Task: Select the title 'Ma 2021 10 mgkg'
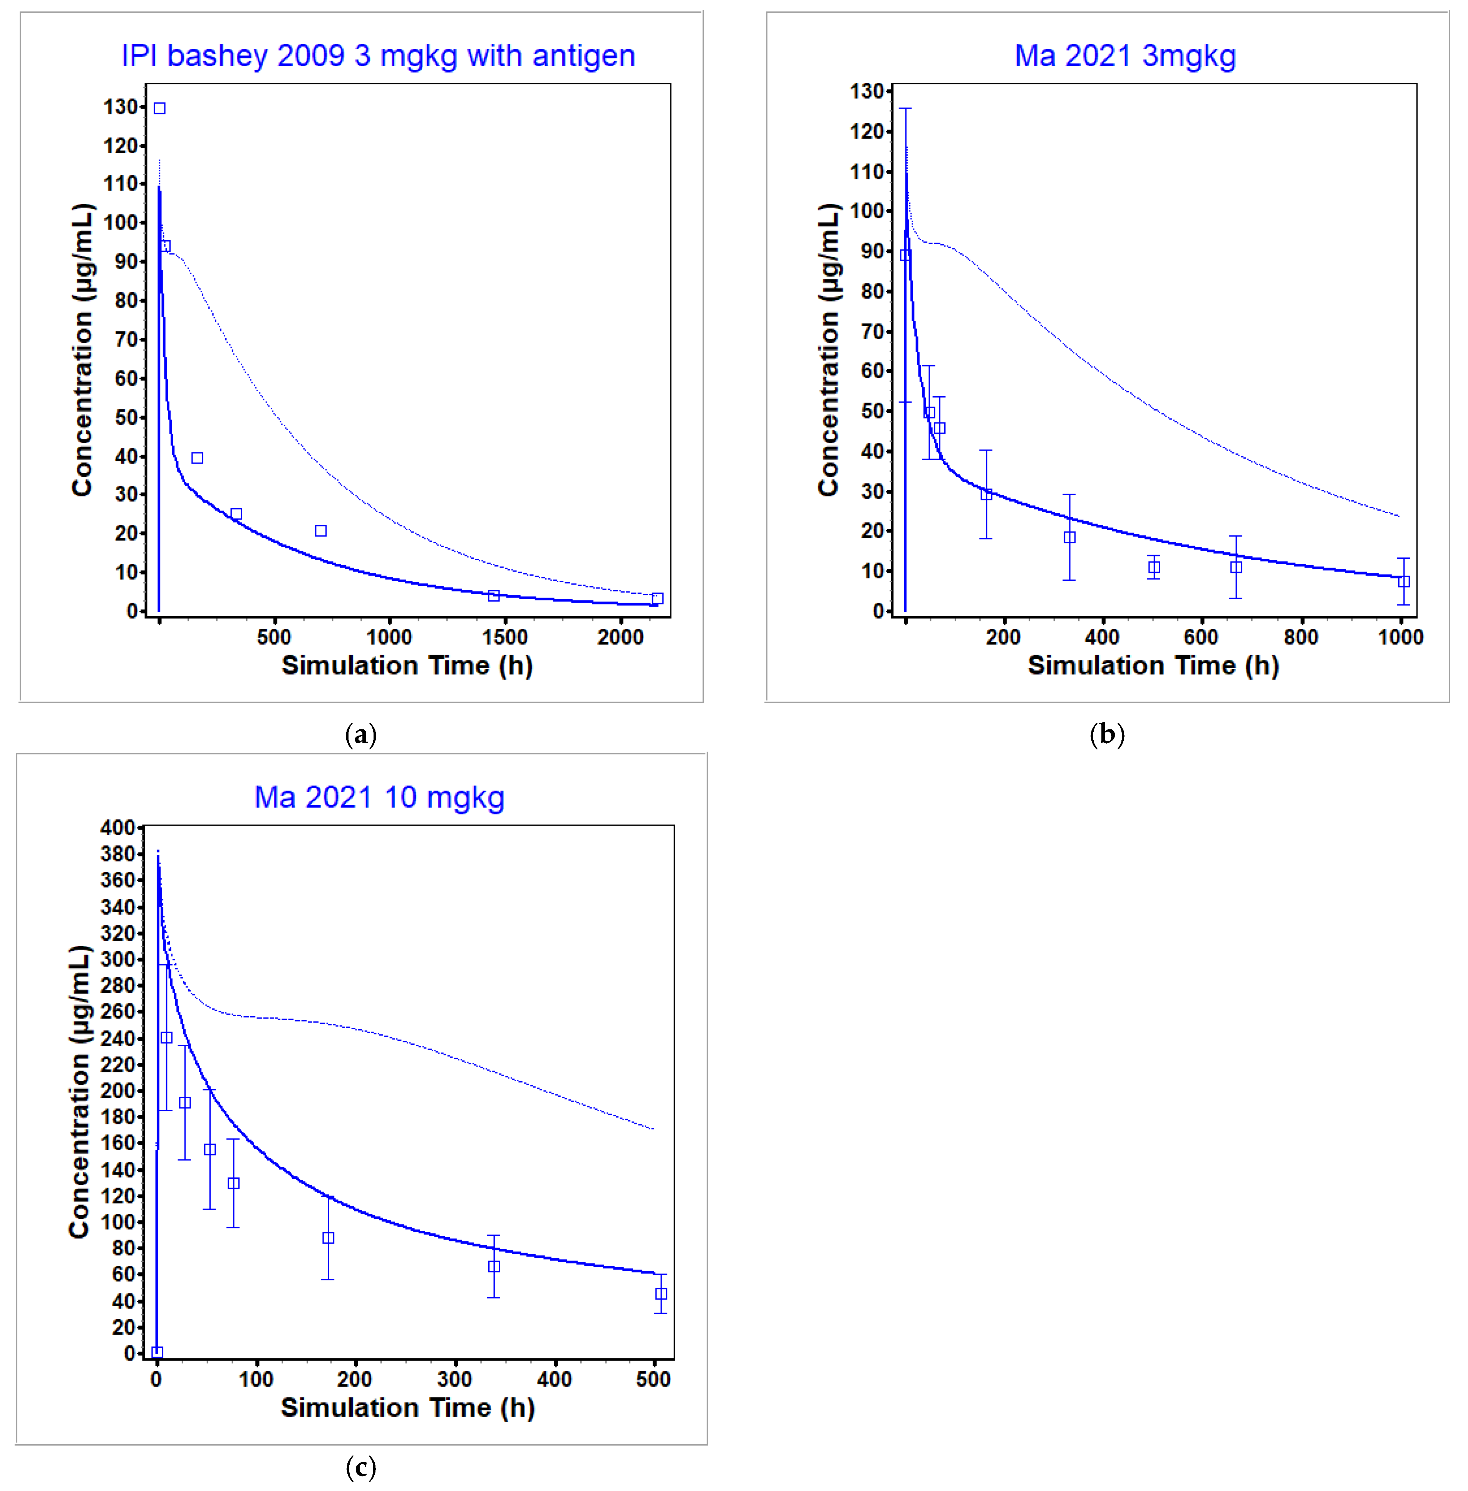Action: pyautogui.click(x=379, y=797)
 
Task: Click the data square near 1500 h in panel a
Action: pyautogui.click(x=493, y=595)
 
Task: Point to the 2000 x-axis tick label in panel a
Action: pyautogui.click(x=620, y=637)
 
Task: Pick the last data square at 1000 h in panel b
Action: pyautogui.click(x=1403, y=581)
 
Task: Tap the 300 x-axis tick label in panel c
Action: pyautogui.click(x=454, y=1379)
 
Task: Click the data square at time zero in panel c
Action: pyautogui.click(x=157, y=1352)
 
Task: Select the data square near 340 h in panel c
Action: pyautogui.click(x=493, y=1266)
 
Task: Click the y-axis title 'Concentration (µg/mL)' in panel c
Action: pyautogui.click(x=79, y=1092)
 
